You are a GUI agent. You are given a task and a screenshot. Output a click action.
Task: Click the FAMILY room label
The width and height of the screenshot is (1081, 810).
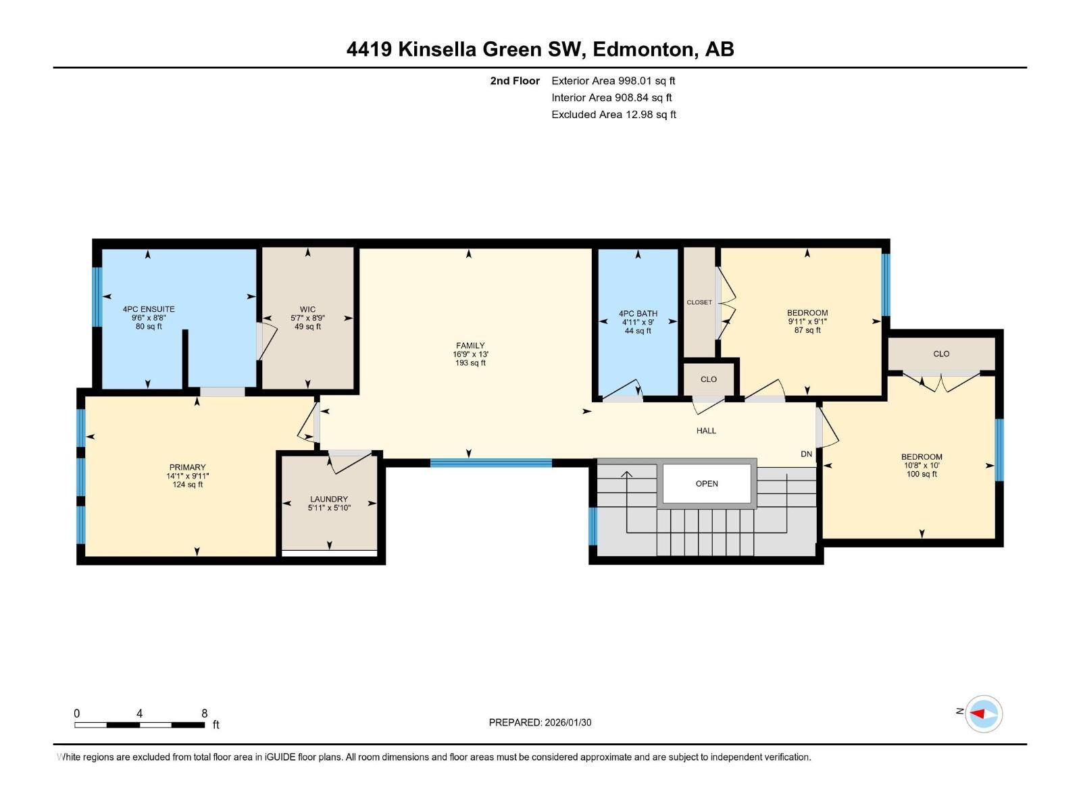pos(470,346)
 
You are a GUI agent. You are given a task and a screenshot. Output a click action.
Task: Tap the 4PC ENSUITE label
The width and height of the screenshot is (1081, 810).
pos(149,309)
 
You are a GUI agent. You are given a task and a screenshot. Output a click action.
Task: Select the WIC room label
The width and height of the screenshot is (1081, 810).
pos(307,309)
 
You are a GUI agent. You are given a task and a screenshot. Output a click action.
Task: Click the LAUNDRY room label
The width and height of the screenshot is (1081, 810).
pos(329,499)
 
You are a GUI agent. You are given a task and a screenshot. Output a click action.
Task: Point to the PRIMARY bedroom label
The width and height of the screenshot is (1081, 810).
pos(187,467)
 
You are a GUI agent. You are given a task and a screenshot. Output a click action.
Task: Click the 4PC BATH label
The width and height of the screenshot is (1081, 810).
pos(638,313)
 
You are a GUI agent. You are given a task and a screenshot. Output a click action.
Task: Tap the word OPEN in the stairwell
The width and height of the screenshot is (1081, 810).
pos(707,483)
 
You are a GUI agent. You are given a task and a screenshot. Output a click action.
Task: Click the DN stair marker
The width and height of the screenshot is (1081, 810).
pos(806,454)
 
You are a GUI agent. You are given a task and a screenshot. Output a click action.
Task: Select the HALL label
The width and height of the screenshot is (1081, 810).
pos(706,431)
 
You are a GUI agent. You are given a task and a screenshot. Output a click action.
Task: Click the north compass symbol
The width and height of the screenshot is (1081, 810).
pos(983,713)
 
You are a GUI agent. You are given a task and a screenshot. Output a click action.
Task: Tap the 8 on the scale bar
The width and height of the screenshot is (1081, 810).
pos(204,713)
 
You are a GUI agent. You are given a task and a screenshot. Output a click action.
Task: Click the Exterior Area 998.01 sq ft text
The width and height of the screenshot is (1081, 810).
pos(613,80)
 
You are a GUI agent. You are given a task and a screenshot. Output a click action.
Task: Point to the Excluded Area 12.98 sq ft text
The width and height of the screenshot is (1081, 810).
pos(613,114)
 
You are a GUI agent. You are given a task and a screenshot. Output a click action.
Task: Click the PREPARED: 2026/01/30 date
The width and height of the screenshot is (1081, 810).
pos(540,722)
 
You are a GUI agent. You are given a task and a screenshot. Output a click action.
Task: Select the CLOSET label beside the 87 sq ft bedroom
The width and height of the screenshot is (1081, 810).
pos(699,302)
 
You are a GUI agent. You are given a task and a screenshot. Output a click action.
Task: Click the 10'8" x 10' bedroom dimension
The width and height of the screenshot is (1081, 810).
pos(922,465)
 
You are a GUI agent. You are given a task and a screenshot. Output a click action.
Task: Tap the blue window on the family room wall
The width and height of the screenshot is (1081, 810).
pos(491,463)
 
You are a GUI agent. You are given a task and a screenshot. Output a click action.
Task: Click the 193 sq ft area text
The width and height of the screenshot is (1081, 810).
pos(470,363)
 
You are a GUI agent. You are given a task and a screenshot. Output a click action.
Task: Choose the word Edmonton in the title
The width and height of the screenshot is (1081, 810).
pos(643,49)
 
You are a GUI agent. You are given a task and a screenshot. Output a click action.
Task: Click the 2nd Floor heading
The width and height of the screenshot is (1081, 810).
pos(515,80)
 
